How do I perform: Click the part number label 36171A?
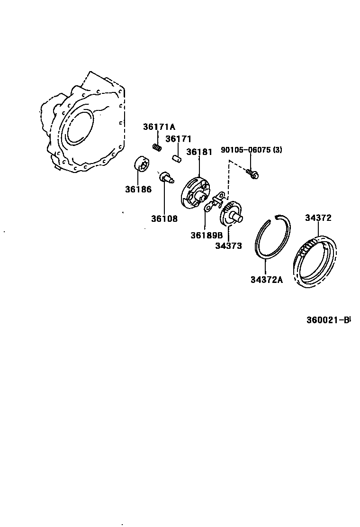159,127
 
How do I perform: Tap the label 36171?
178,139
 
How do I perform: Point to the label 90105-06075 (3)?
251,150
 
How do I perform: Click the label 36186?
138,190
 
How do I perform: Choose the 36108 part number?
164,219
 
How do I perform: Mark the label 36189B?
207,236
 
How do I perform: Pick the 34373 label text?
228,245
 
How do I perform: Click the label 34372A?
266,280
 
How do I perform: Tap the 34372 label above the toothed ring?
318,218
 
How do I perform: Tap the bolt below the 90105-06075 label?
252,174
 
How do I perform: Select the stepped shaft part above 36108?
166,178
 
